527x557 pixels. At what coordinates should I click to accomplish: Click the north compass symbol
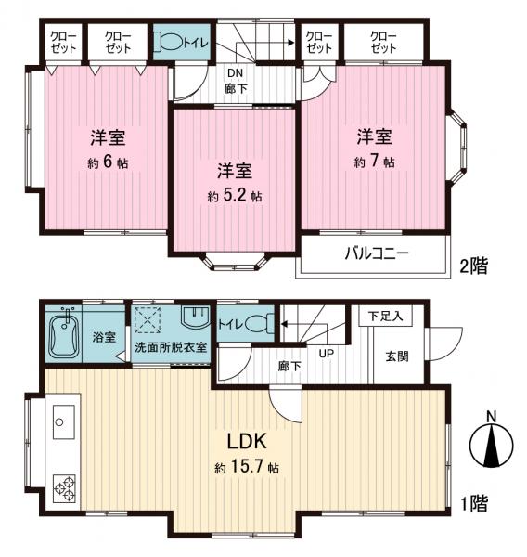[492, 441]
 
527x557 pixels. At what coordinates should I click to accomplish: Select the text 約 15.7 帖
[245, 468]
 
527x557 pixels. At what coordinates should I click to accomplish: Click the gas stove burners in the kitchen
[65, 486]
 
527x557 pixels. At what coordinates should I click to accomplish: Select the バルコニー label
[378, 253]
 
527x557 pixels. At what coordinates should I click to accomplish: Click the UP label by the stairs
[328, 354]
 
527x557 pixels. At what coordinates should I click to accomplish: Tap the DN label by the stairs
[235, 73]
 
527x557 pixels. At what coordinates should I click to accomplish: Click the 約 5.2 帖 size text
[235, 197]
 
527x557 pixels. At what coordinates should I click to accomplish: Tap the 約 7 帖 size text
[375, 162]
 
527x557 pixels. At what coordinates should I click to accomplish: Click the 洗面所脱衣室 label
[170, 347]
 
